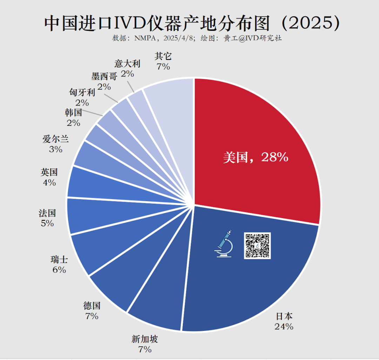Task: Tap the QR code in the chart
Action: point(257,246)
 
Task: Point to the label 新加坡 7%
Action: point(145,344)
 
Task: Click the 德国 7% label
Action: point(92,311)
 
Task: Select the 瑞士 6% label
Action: point(59,265)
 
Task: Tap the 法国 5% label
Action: point(47,218)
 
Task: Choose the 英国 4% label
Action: point(49,177)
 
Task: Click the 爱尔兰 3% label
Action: point(55,144)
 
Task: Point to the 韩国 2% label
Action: point(73,117)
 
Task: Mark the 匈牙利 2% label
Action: point(82,97)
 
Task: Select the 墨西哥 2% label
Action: point(104,81)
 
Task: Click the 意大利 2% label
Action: point(127,68)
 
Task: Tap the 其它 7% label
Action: point(163,61)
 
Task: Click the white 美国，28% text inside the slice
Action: point(255,157)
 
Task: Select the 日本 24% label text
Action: point(284,321)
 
